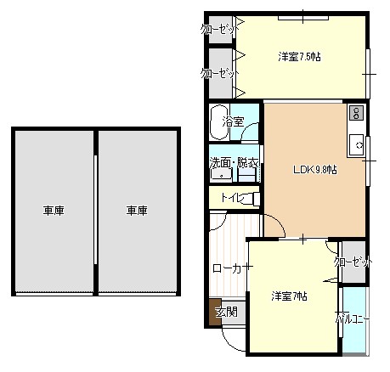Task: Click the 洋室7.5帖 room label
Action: [299, 57]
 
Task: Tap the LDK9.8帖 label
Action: [314, 170]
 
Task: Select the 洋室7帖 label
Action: [289, 296]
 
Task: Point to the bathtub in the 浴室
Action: [219, 122]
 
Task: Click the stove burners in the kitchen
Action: [356, 113]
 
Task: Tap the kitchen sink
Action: [356, 145]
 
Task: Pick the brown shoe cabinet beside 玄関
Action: [215, 312]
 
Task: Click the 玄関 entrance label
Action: [227, 313]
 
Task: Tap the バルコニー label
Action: [353, 319]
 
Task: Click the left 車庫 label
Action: [54, 211]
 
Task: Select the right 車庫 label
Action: [137, 211]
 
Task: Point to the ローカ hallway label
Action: [229, 268]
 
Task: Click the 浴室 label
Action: [233, 122]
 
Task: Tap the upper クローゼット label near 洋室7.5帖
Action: [220, 29]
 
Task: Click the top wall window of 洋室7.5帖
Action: [303, 18]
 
